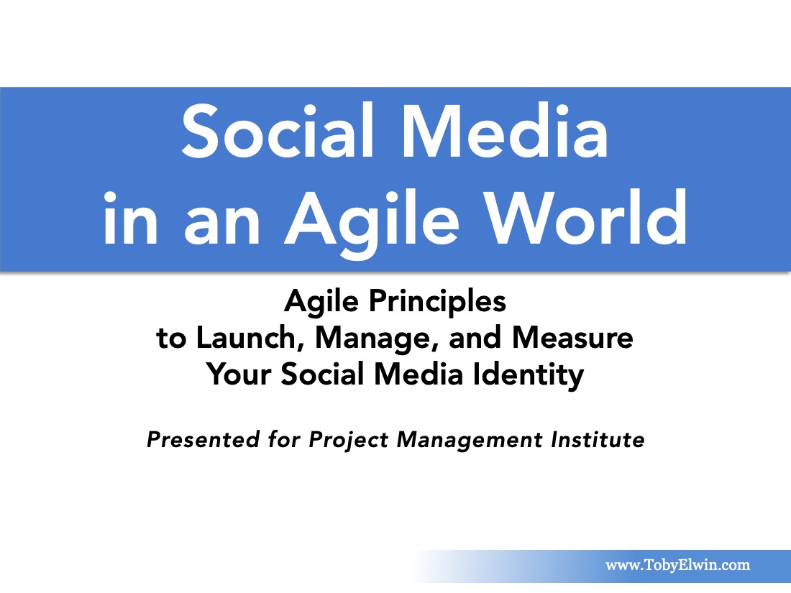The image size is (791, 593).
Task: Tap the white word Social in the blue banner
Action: (278, 131)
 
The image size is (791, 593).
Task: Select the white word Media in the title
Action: (505, 131)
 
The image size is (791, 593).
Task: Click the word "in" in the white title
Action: (131, 218)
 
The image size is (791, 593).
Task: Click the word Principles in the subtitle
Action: (437, 303)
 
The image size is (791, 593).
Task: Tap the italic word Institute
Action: (598, 440)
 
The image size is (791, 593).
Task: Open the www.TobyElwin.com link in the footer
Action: (677, 565)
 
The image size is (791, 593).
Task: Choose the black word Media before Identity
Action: (419, 374)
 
